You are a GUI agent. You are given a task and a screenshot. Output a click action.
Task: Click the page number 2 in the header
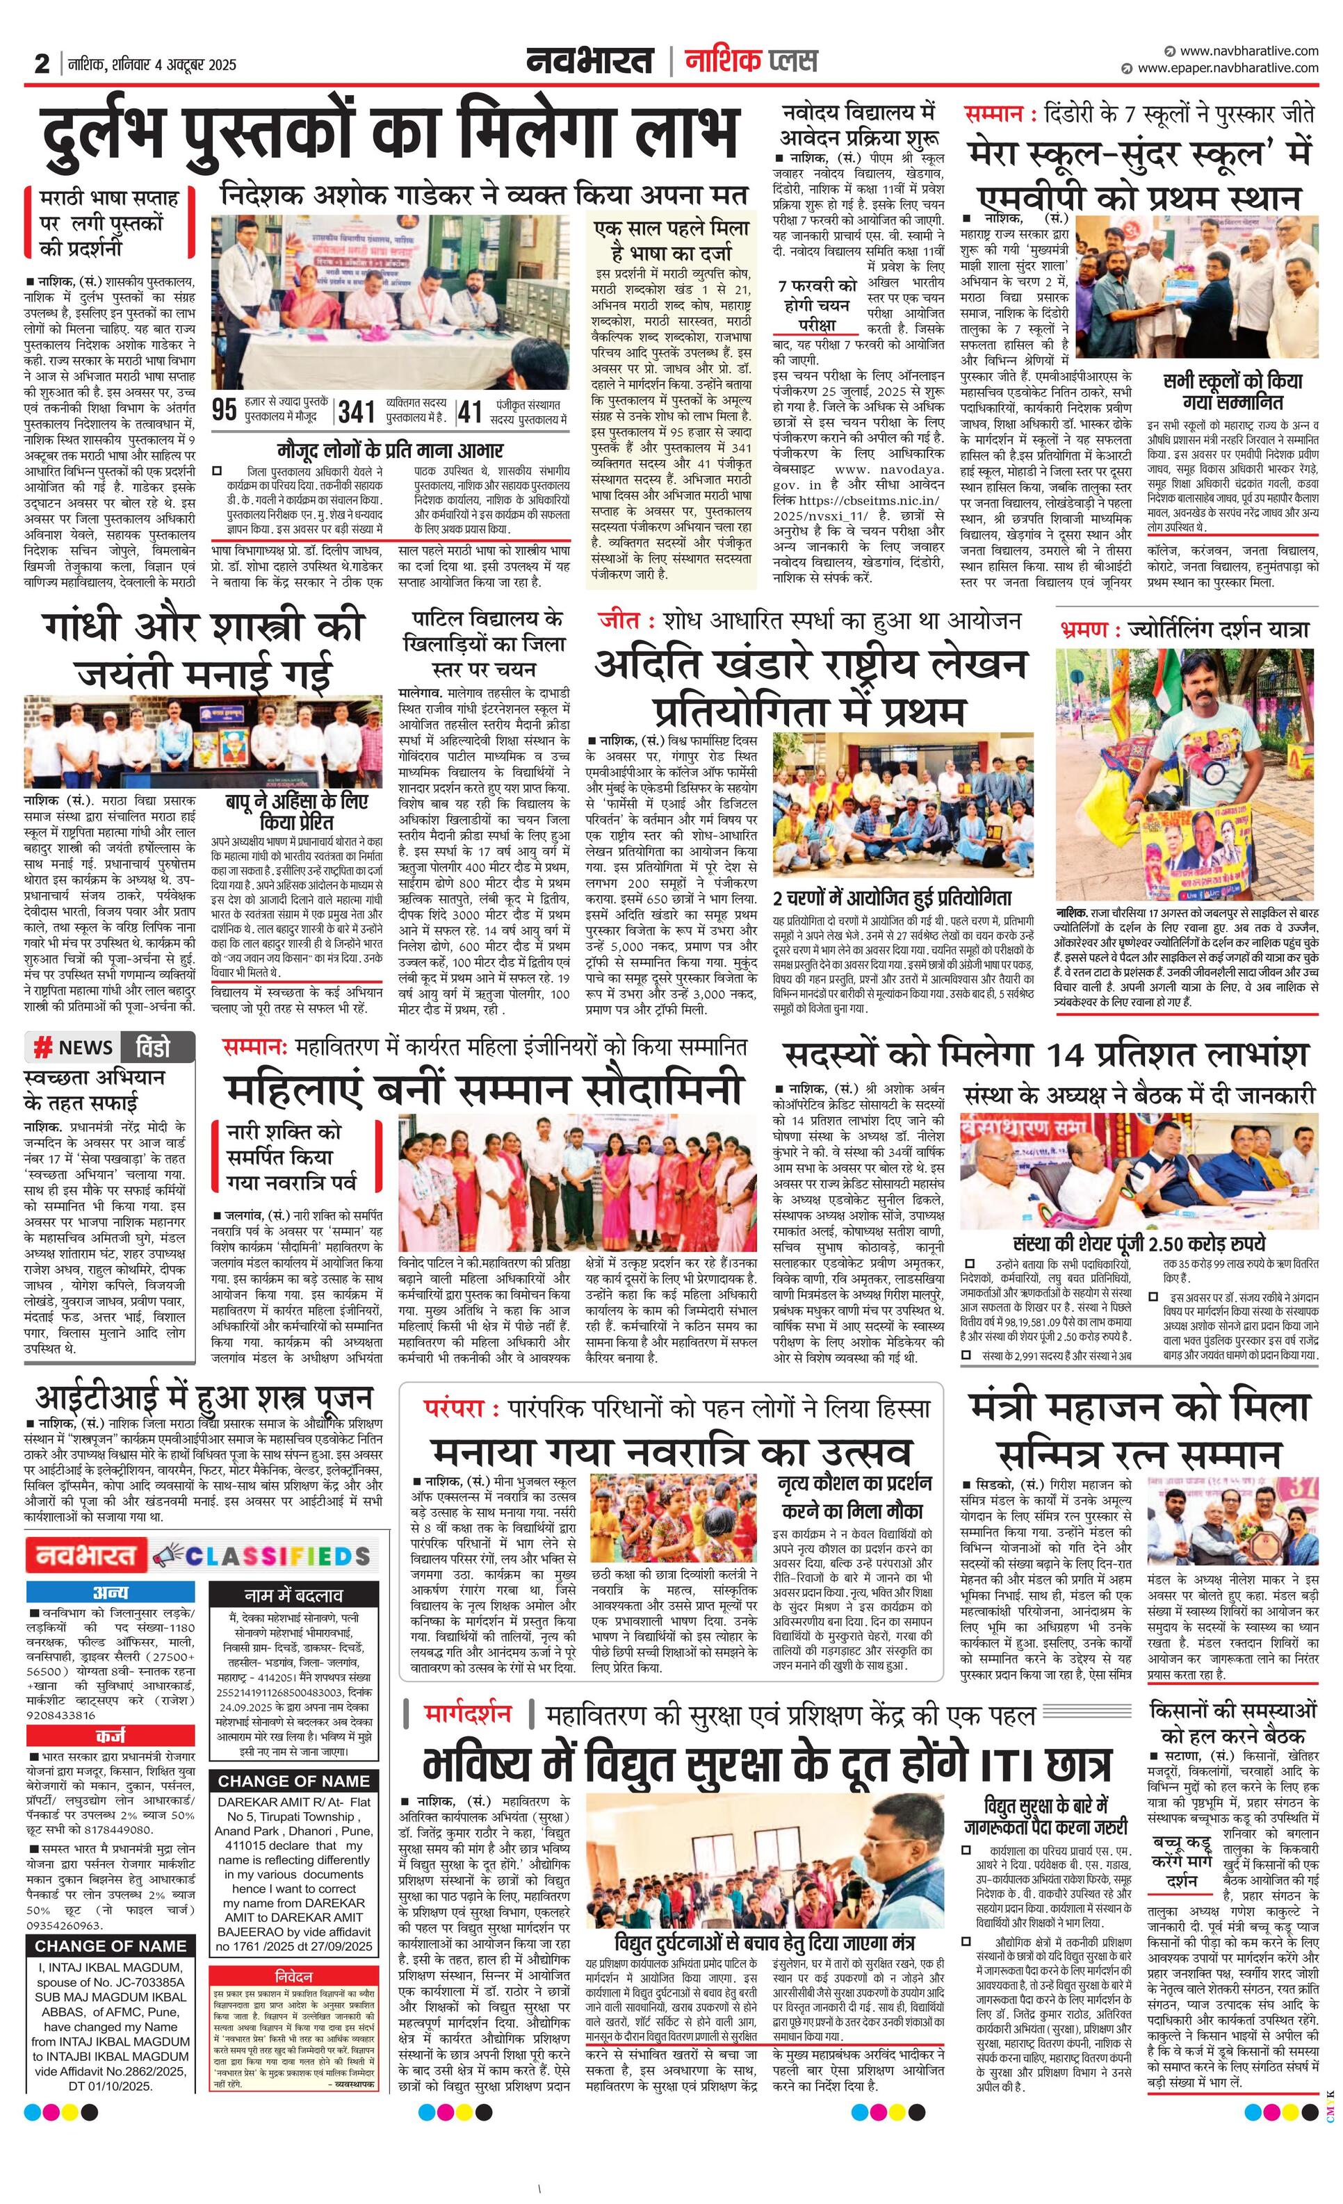coord(42,65)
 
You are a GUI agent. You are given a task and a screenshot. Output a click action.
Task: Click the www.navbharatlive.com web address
coord(1248,51)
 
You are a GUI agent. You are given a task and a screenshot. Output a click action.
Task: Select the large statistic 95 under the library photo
coord(225,411)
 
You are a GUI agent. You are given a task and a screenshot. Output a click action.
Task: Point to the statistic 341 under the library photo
coord(356,411)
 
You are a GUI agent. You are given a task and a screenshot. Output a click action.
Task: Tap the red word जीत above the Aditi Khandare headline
coord(619,620)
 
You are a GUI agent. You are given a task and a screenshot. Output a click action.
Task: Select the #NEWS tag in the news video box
coord(74,1047)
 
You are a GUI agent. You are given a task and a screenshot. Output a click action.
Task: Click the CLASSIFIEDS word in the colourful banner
coord(277,1556)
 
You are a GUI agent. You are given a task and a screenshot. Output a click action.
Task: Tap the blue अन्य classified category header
coord(110,1592)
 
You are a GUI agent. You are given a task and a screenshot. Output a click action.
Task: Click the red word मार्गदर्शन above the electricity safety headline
coord(468,1714)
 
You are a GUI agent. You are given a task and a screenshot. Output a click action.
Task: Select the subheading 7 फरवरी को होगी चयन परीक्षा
coord(817,304)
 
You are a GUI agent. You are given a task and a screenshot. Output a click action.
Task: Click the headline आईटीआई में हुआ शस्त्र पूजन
coord(204,1397)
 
